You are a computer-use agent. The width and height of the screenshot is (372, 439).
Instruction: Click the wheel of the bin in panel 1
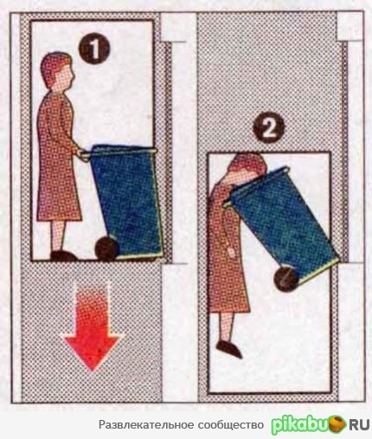(x=106, y=249)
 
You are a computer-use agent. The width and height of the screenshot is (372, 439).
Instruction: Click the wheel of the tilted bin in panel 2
(x=285, y=279)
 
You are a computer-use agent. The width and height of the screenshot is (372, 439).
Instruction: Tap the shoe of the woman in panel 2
(x=228, y=348)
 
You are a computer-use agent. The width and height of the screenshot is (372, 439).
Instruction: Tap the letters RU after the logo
(x=359, y=424)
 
